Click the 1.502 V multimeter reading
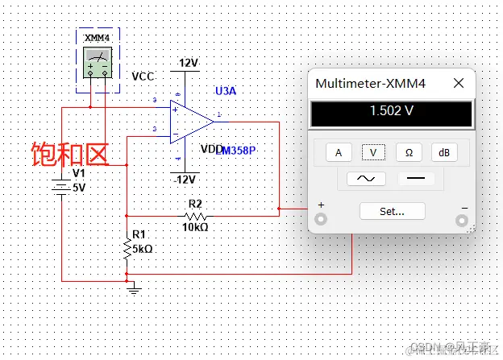tap(391, 111)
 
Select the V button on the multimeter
tap(372, 152)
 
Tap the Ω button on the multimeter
tap(408, 152)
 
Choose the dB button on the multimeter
tap(443, 152)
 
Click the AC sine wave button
tap(365, 179)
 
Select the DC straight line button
tap(416, 179)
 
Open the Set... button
tap(392, 211)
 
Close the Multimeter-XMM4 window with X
tap(459, 83)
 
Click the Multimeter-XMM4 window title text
tap(370, 83)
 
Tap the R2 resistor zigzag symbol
tap(195, 217)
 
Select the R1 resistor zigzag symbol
tap(127, 250)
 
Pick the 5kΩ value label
tap(143, 249)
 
